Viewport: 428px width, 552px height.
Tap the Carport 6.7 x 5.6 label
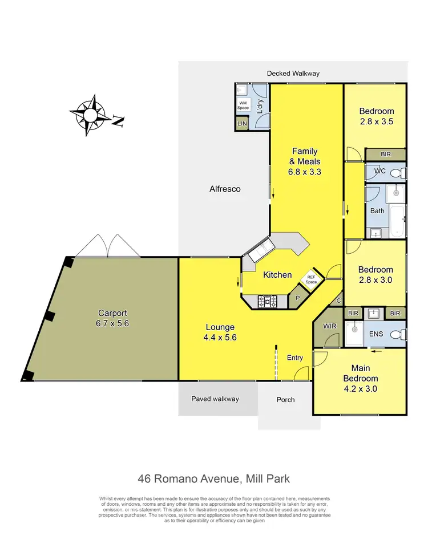tap(112, 318)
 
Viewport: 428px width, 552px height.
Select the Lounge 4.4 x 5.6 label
tap(220, 332)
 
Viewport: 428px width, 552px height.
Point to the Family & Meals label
tap(306, 161)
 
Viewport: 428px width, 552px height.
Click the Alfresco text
tap(225, 189)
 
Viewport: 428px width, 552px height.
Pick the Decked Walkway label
tap(293, 74)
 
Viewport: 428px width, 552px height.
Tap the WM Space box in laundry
tap(243, 105)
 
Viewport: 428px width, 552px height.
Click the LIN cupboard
tap(241, 124)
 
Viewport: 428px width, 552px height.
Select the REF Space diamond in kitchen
tap(311, 279)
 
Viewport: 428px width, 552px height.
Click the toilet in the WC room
tap(401, 172)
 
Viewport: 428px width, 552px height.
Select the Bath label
tap(377, 211)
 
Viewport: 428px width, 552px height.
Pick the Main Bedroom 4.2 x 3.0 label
tap(361, 379)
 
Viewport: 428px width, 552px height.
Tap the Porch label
tap(285, 400)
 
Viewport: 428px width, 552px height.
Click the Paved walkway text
tap(215, 399)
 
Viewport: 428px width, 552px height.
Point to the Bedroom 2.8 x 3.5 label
tap(376, 116)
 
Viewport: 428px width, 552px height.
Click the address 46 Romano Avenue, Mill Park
tap(213, 479)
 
